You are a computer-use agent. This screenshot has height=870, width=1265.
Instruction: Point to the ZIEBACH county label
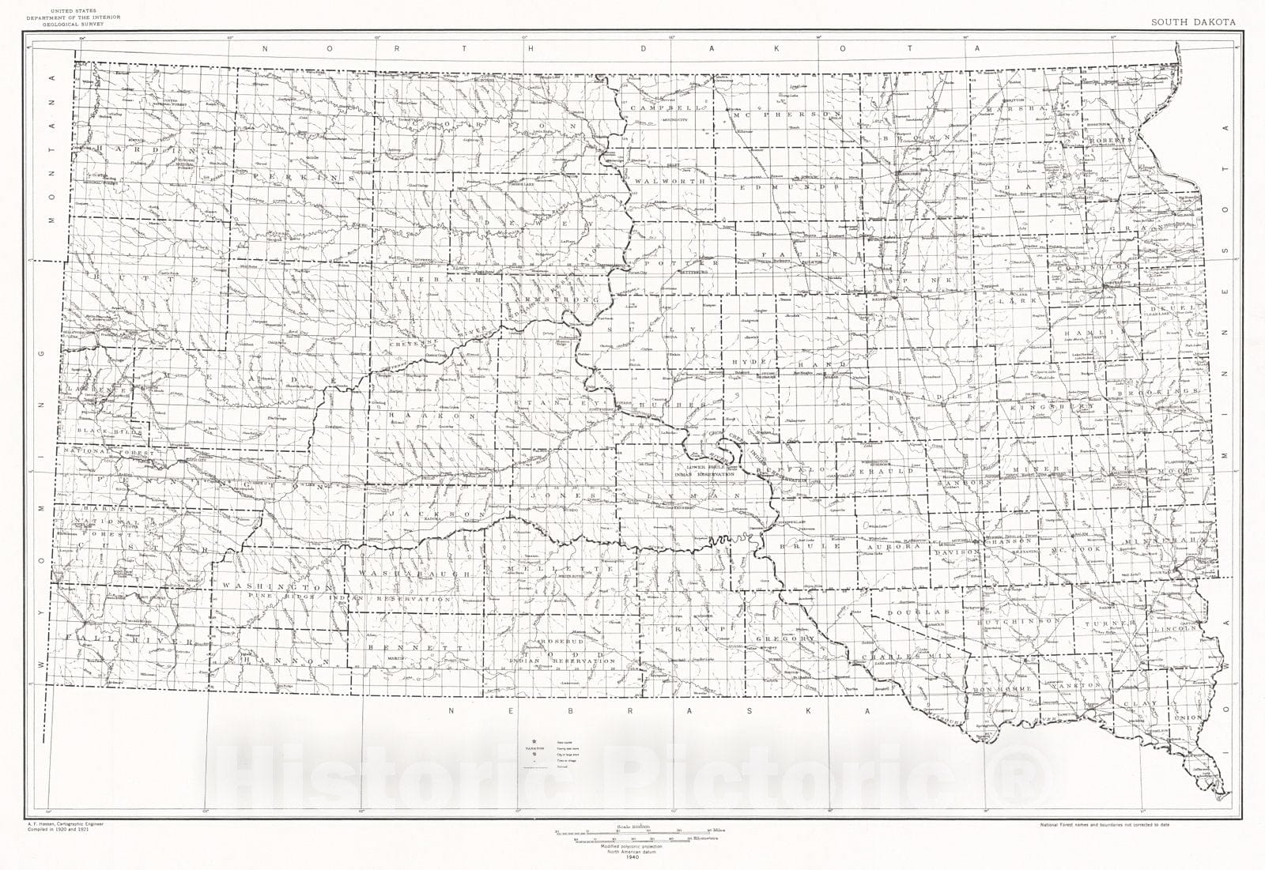pyautogui.click(x=420, y=280)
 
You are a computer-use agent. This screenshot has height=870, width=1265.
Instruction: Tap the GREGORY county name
pyautogui.click(x=785, y=638)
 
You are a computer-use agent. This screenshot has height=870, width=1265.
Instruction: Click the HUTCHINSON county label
pyautogui.click(x=1018, y=622)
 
